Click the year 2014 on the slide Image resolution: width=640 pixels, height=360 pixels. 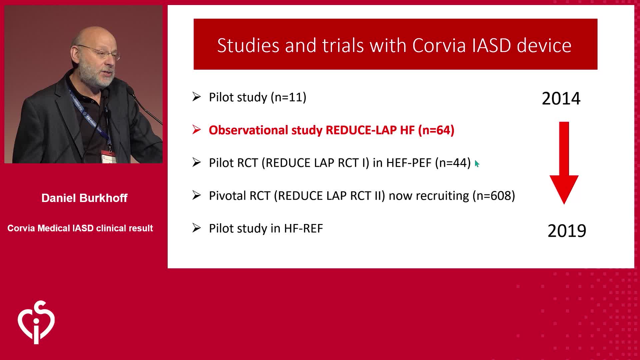point(561,98)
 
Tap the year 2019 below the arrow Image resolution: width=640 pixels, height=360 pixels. point(567,231)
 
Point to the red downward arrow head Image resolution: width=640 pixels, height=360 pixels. point(564,189)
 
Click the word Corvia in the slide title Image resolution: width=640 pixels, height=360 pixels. point(439,45)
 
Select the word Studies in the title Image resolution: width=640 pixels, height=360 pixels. point(248,45)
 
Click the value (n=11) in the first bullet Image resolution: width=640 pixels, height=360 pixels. point(288,97)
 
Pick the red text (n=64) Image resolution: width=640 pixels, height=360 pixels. point(436,130)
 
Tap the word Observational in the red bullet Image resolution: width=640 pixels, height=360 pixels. point(248,130)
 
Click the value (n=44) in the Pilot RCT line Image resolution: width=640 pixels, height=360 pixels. point(453,163)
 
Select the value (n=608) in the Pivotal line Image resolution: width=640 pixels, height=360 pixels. point(494,195)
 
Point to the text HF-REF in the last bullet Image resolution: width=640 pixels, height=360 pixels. point(303,229)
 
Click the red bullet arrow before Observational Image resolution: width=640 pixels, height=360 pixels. point(197,130)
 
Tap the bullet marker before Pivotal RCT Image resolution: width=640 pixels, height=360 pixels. point(197,195)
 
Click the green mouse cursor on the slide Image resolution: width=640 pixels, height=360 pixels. point(477,164)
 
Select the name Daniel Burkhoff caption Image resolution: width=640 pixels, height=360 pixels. point(84,198)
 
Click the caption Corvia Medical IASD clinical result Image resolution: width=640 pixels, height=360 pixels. point(80,228)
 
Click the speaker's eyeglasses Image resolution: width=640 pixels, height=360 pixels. point(100,52)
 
